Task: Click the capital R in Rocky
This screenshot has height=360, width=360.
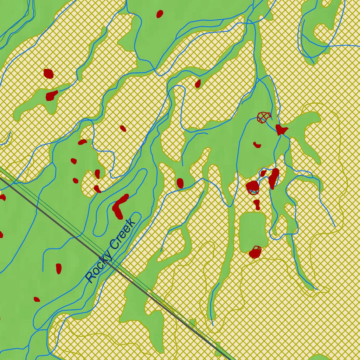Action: tap(91, 277)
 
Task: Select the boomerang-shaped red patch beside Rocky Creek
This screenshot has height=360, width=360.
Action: tap(119, 206)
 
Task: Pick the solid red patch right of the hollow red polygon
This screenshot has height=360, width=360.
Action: tap(281, 129)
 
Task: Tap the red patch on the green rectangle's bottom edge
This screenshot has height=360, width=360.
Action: tap(255, 252)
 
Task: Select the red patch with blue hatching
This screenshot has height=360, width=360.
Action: tap(252, 187)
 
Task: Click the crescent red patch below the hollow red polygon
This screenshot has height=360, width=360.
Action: tap(257, 144)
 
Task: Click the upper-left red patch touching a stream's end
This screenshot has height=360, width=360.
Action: tap(52, 95)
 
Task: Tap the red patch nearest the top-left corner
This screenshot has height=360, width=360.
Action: tap(48, 74)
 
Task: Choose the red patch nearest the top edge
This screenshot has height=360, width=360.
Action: tap(160, 14)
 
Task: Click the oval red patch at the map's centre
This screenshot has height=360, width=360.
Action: tap(180, 183)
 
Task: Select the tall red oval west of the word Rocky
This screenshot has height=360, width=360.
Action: tap(59, 268)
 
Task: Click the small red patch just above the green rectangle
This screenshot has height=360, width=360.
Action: tap(257, 204)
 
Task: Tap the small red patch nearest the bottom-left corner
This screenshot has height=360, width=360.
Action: tap(37, 300)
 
